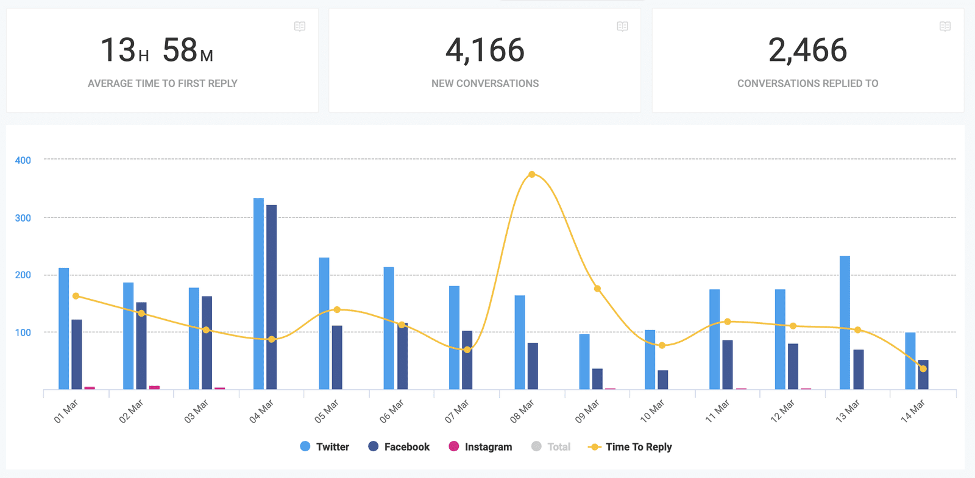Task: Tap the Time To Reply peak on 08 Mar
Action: coord(532,175)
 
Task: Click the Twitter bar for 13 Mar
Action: coord(845,323)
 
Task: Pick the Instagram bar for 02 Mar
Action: coord(154,387)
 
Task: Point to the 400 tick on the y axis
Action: coord(23,160)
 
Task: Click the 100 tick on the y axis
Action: coord(23,332)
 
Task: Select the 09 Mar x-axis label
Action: coord(587,411)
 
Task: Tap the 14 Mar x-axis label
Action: coord(913,411)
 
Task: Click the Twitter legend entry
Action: coord(325,447)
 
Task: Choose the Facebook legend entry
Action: coord(399,447)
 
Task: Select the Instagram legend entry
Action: coord(480,447)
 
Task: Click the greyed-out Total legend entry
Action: coord(551,447)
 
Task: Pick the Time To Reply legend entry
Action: coord(630,447)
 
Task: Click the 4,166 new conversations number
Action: coord(485,51)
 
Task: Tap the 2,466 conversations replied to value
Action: coord(807,51)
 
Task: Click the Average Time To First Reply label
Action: coord(162,83)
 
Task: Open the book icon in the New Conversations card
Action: coord(622,26)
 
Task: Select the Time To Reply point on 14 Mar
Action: coord(923,369)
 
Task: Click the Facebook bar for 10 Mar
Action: coord(662,380)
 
